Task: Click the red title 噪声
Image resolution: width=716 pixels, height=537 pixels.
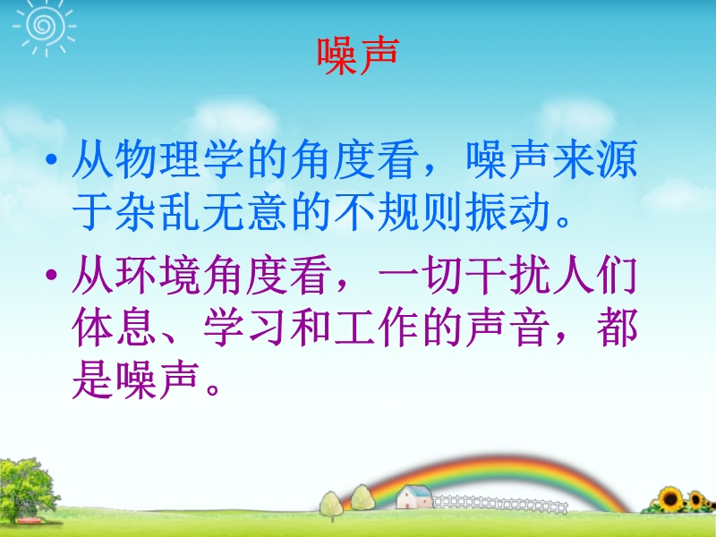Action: point(358,55)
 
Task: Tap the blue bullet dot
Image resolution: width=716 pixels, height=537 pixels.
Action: point(52,159)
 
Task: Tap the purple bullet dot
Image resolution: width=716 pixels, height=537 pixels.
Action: point(52,275)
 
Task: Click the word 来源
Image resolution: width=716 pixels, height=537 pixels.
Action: point(594,159)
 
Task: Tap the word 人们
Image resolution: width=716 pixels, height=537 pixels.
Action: point(594,275)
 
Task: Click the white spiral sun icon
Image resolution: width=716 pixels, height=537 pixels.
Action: point(44,26)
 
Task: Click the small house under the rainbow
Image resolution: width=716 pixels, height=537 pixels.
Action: point(414,497)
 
